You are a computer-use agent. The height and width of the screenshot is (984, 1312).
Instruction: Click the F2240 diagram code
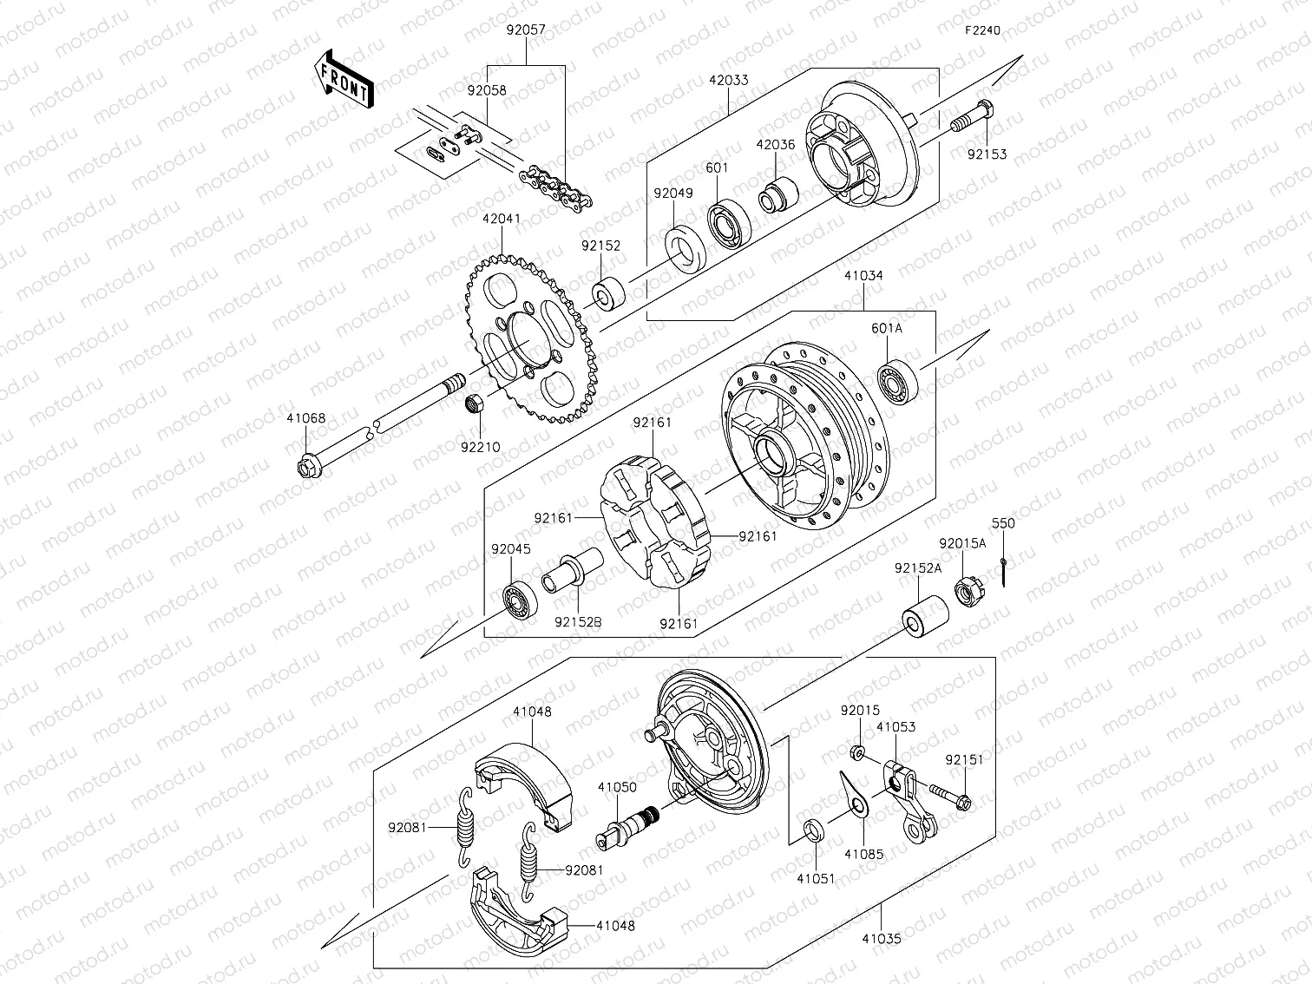[982, 30]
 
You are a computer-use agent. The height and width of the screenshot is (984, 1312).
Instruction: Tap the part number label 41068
[306, 418]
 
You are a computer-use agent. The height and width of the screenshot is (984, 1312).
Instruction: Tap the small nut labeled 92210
[475, 403]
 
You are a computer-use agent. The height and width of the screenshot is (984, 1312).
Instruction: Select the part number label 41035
[881, 938]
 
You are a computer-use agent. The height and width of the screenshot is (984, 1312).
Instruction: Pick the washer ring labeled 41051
[814, 830]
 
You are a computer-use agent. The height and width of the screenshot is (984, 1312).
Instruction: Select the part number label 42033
[728, 80]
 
